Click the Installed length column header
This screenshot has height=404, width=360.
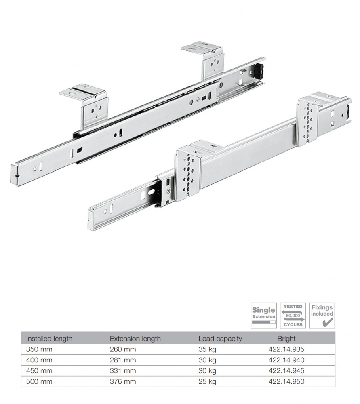[49, 339]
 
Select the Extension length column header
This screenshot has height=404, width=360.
[135, 339]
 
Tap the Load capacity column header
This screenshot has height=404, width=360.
[220, 339]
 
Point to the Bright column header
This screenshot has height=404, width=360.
[286, 339]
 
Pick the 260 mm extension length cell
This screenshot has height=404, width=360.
[123, 349]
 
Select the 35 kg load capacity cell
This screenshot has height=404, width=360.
[207, 349]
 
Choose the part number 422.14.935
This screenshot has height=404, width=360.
[286, 349]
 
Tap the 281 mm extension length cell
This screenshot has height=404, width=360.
[123, 360]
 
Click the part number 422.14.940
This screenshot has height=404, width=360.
[286, 360]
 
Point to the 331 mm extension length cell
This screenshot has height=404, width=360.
[123, 370]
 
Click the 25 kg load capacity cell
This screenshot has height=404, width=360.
[207, 381]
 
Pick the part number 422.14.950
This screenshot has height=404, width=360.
[286, 381]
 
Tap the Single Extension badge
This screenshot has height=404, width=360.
[263, 315]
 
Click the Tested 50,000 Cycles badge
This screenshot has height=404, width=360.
[293, 315]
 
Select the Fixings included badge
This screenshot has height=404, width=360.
[322, 315]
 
